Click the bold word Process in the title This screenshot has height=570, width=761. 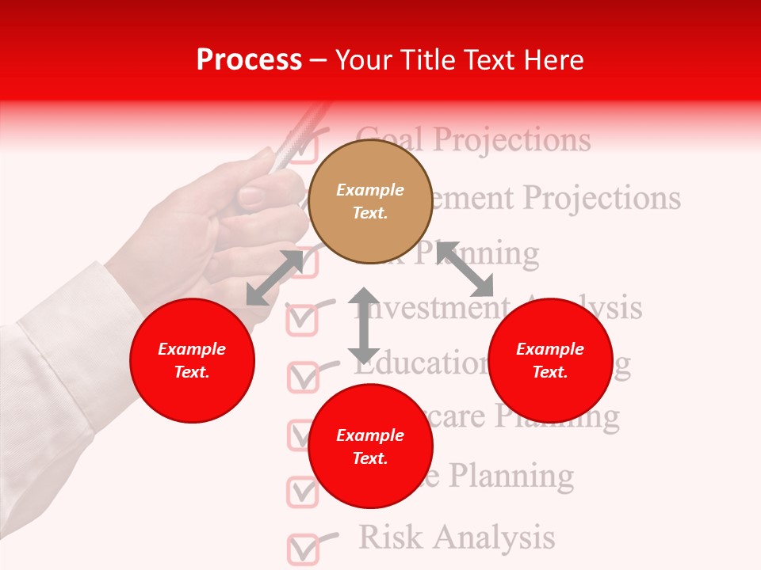[x=249, y=60]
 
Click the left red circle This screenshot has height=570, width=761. [x=192, y=360]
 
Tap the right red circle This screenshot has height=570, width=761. [x=550, y=360]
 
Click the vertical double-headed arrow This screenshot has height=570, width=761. [x=364, y=325]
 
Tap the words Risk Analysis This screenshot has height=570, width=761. [x=457, y=537]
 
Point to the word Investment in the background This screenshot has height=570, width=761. [x=428, y=308]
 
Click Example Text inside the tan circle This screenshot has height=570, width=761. [x=369, y=201]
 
